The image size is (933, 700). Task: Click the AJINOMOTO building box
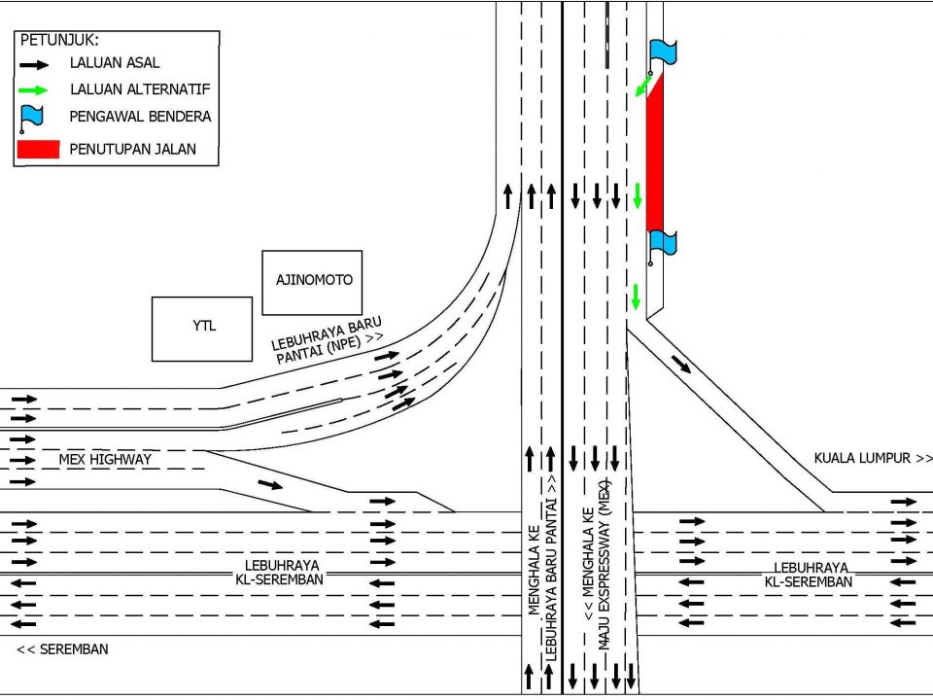tap(312, 283)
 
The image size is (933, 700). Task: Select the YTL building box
tap(202, 330)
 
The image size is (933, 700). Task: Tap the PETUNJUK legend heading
tap(59, 41)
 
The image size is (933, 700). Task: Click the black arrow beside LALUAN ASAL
tap(34, 64)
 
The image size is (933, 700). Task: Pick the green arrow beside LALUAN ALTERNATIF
tap(33, 90)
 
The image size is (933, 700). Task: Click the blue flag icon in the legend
tap(31, 118)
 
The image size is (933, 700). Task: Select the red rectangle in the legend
tap(39, 150)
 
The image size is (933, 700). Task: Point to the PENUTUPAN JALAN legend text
tap(133, 149)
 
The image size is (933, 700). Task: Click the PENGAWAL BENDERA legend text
tap(140, 116)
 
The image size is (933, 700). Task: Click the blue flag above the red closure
tap(662, 53)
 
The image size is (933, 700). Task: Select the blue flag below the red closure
tap(662, 245)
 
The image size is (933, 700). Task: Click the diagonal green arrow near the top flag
tap(643, 86)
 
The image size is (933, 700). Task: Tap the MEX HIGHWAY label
tap(105, 460)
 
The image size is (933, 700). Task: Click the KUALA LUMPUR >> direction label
tap(873, 458)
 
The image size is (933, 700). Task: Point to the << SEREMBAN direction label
tap(62, 649)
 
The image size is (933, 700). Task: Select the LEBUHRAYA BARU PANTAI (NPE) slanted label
tap(328, 341)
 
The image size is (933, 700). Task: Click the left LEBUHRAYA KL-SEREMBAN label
tap(281, 573)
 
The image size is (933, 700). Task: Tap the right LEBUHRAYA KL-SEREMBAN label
tap(810, 575)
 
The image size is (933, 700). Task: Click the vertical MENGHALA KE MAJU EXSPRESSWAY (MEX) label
tap(596, 563)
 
